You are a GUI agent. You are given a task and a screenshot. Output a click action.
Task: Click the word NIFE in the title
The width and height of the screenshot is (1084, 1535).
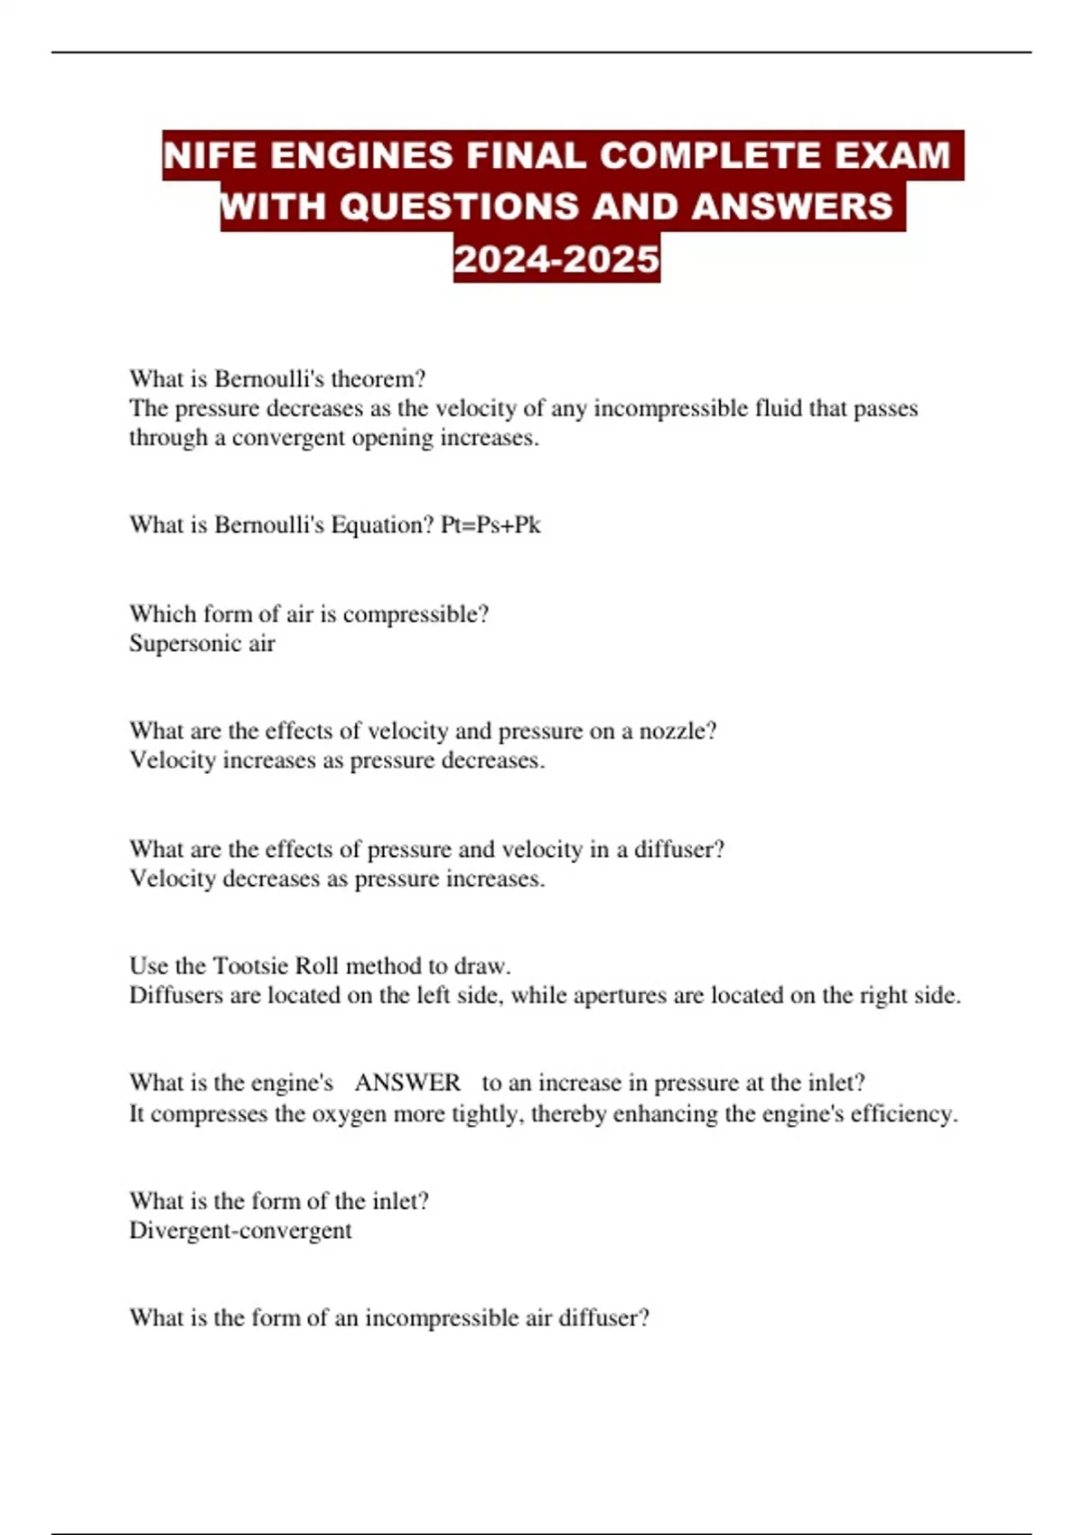coord(210,155)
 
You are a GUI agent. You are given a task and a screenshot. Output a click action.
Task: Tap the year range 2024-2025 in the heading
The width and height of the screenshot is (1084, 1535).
coord(556,259)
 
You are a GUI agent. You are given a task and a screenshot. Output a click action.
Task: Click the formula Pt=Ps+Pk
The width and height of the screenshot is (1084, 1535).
coord(491,525)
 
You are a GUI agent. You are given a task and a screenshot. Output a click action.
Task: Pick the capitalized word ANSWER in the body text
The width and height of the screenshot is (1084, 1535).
coord(407,1083)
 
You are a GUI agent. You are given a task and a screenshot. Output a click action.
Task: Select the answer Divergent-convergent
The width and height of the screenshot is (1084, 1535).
coord(240,1231)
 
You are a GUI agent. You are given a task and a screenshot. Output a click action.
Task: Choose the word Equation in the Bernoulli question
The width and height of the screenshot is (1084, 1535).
coord(383,525)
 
